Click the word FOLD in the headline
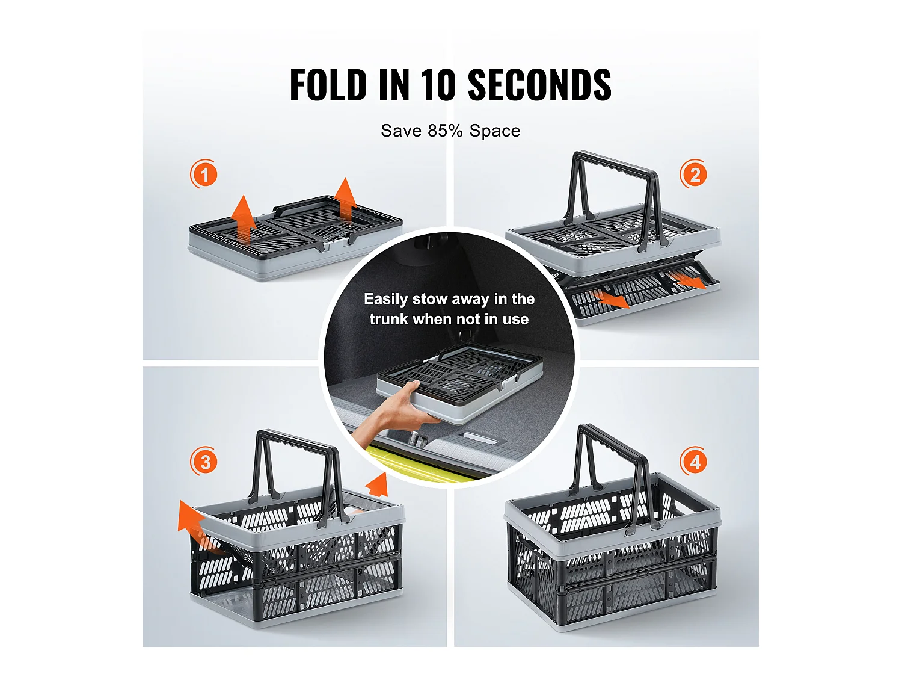coord(328,84)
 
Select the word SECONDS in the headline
coord(539,84)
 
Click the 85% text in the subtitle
coord(446,131)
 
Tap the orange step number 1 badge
coord(204,175)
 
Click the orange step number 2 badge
coord(694,175)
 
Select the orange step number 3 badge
coord(204,461)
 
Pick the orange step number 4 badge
coord(694,461)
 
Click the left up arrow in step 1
coord(244,220)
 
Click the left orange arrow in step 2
coord(612,299)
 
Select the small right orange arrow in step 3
coord(378,485)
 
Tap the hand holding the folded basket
coord(394,415)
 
